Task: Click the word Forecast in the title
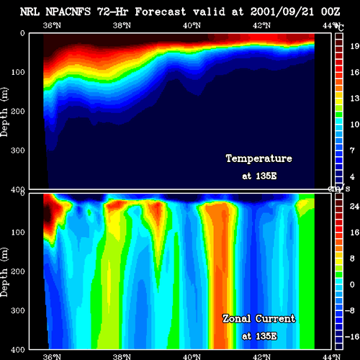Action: tap(161, 12)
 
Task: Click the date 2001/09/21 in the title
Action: tap(282, 12)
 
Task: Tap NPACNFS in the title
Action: tap(68, 12)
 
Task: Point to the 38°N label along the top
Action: tap(122, 25)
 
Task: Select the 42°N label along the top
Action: tap(261, 25)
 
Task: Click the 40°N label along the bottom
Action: tap(192, 356)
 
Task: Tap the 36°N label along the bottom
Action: tap(52, 356)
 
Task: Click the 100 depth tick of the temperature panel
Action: tap(18, 72)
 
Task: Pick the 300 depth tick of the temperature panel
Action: tap(18, 150)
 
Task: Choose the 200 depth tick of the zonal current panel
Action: tap(18, 271)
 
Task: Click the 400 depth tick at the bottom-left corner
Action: tap(18, 350)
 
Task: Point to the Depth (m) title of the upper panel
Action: tap(4, 112)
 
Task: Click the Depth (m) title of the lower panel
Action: tap(4, 272)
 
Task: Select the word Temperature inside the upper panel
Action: tap(259, 158)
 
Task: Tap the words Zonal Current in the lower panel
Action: tap(259, 319)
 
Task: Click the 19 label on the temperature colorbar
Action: tap(354, 46)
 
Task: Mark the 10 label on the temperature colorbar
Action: tap(354, 125)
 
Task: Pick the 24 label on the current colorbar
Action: tap(354, 206)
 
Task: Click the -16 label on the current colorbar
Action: tap(352, 336)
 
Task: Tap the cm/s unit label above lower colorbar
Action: tap(339, 189)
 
